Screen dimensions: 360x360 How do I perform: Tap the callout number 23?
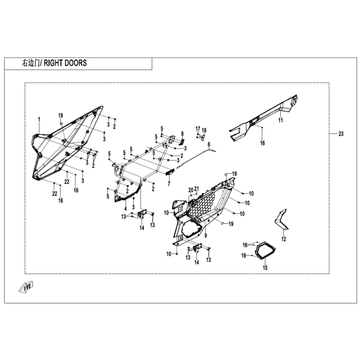(x=340, y=134)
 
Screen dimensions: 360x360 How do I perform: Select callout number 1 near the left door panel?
(x=39, y=119)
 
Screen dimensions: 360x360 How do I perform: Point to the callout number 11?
(x=281, y=120)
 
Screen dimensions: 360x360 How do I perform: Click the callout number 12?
(x=283, y=239)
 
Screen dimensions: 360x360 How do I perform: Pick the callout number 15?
(x=265, y=267)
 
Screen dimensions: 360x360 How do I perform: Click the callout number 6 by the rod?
(x=209, y=147)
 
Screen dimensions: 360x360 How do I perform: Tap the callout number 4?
(x=125, y=209)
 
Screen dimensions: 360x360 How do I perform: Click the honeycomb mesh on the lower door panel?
(x=206, y=206)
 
